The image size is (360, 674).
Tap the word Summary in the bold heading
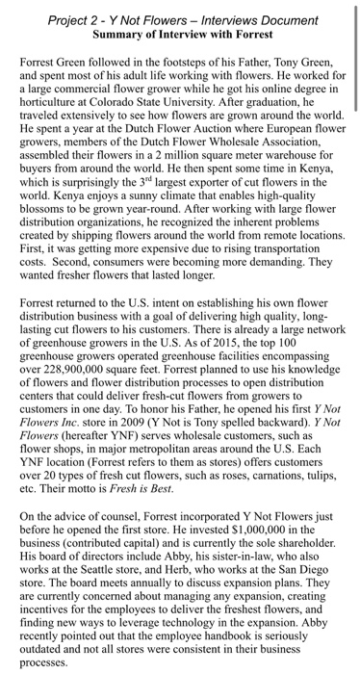[x=119, y=33]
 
